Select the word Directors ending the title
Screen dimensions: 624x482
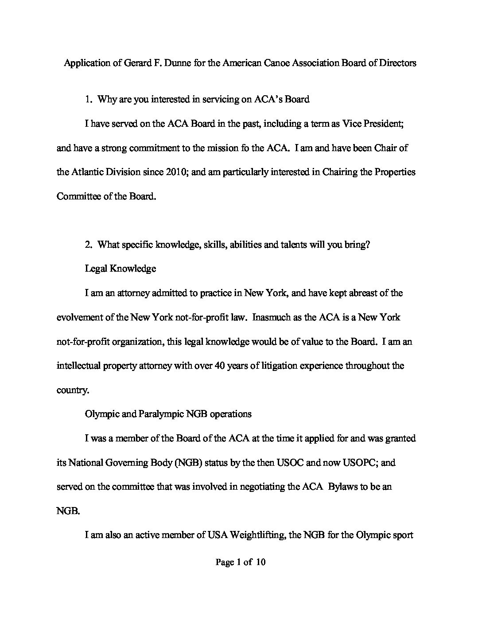click(397, 63)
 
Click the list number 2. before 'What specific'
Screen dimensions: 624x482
click(89, 245)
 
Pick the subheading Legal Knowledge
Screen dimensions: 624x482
click(120, 269)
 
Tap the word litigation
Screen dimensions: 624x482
click(279, 366)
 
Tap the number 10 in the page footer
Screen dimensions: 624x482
click(260, 563)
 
